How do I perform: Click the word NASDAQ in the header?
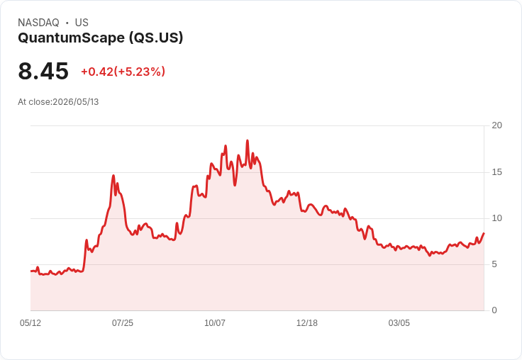(x=38, y=23)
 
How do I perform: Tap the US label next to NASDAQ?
(x=82, y=23)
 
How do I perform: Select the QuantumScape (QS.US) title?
(x=101, y=38)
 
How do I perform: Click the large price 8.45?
(x=43, y=71)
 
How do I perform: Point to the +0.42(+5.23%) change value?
(x=123, y=72)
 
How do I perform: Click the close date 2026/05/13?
(x=76, y=102)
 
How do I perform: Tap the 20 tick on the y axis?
(x=496, y=125)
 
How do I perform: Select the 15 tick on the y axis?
(x=496, y=172)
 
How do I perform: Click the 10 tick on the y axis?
(x=496, y=218)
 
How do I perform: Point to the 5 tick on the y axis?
(x=494, y=264)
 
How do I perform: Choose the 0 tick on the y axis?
(x=494, y=310)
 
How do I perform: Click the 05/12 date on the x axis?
(x=30, y=322)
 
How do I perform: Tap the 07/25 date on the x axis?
(x=123, y=322)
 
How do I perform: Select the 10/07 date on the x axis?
(x=215, y=322)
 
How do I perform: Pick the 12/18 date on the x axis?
(x=307, y=322)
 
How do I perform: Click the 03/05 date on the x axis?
(x=399, y=322)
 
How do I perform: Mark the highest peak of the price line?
(x=248, y=140)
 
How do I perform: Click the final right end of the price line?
(x=484, y=233)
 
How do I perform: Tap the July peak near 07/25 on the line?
(x=113, y=175)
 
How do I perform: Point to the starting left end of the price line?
(x=31, y=271)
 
